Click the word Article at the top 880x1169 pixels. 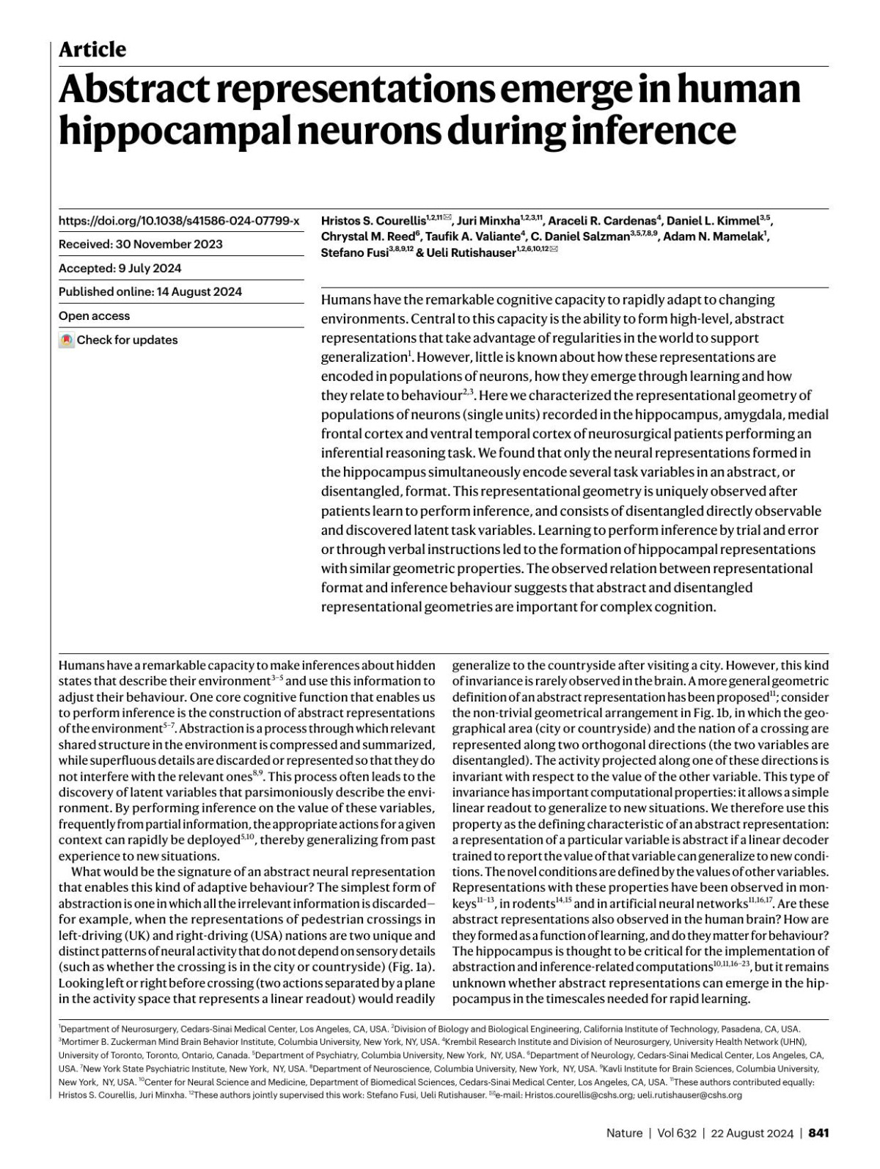(92, 49)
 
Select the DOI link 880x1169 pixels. (178, 220)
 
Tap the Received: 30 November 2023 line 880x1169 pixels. (141, 244)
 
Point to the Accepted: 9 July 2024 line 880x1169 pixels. (120, 268)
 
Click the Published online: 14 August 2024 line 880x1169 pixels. (150, 291)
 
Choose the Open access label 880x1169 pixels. (94, 316)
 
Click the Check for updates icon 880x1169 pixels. (66, 340)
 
